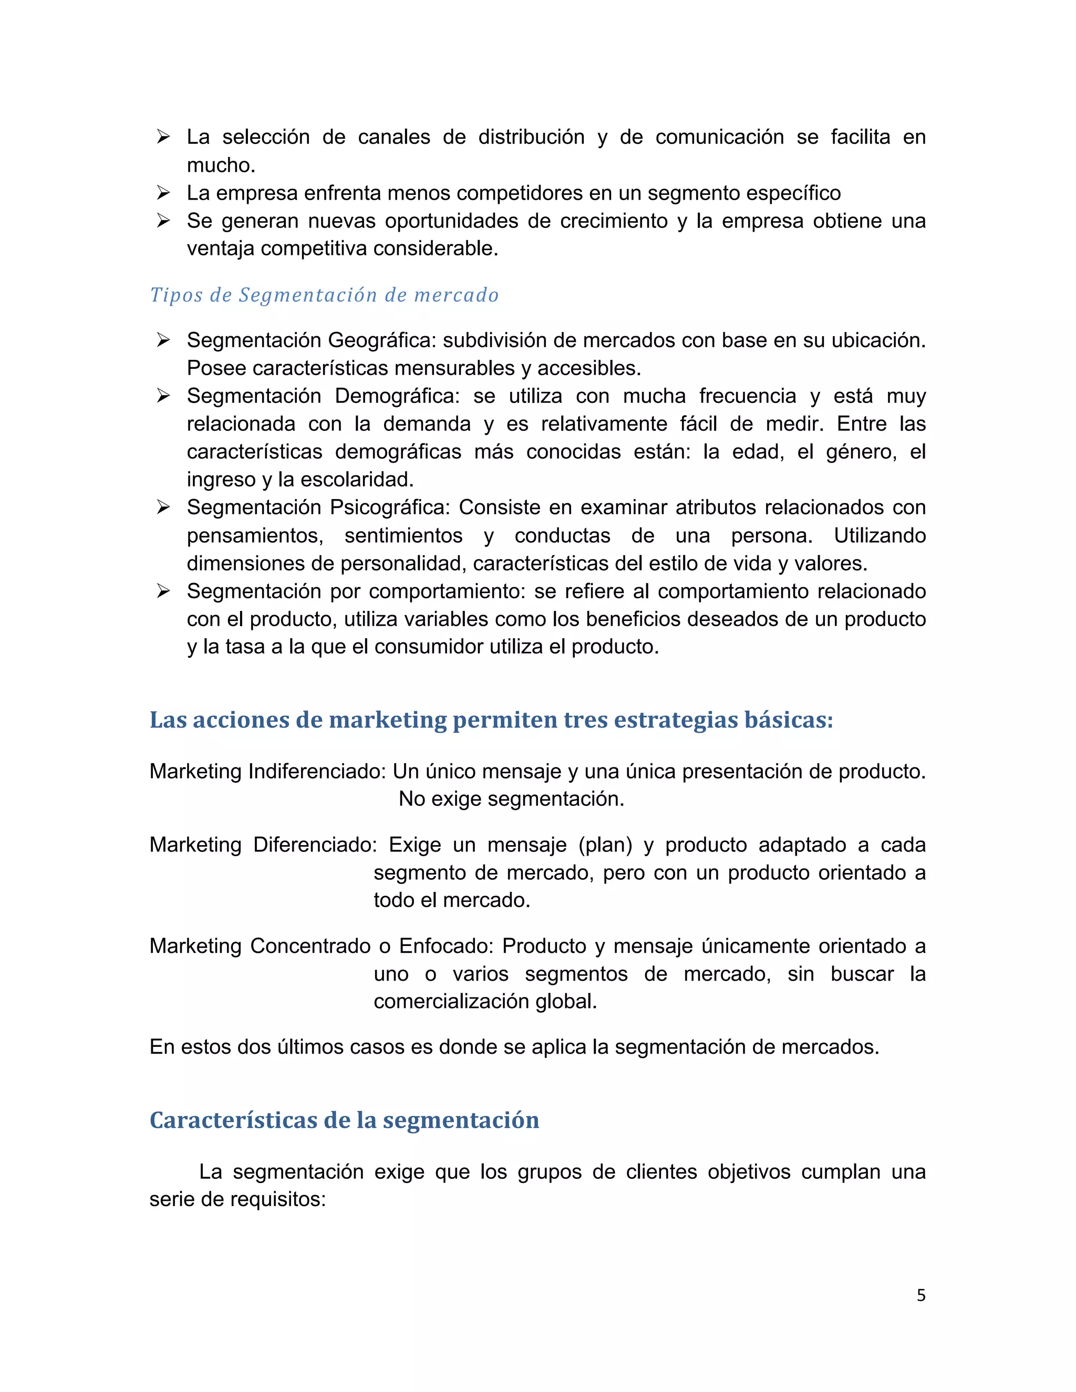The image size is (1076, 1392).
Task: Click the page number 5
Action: pos(920,1295)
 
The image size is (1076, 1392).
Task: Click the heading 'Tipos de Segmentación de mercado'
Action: pos(324,295)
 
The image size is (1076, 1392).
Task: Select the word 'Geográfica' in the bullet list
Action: pos(382,340)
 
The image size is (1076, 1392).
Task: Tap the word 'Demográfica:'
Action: pos(397,396)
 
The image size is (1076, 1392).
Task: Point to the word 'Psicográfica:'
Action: pos(390,507)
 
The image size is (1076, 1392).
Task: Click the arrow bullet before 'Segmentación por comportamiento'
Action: pos(163,591)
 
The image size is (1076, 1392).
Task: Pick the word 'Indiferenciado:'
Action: pos(317,771)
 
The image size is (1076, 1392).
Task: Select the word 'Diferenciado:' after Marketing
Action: pos(315,845)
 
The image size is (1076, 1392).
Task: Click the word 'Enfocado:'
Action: pos(446,946)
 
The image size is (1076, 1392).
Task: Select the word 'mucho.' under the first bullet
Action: pos(221,165)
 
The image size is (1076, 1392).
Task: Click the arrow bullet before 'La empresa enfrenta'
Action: pos(163,192)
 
